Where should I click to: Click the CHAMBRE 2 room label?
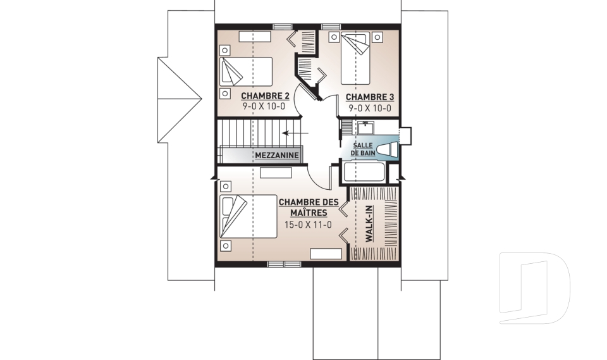[x=265, y=96]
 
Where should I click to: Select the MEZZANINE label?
[x=277, y=156]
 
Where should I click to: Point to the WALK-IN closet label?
[x=369, y=223]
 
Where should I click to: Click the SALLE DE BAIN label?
[x=363, y=149]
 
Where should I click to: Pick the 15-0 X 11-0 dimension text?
[x=308, y=225]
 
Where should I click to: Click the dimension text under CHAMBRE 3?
[x=370, y=108]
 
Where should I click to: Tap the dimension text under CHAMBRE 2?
[x=264, y=106]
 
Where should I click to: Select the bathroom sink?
[x=365, y=128]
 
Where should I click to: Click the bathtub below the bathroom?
[x=364, y=172]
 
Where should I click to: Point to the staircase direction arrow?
[x=295, y=133]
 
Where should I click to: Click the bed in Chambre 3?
[x=355, y=59]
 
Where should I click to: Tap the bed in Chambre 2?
[x=246, y=71]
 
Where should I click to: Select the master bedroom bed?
[x=248, y=216]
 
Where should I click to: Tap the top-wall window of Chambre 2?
[x=283, y=27]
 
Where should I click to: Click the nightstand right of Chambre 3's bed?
[x=378, y=37]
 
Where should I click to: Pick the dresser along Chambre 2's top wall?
[x=255, y=37]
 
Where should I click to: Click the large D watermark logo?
[x=535, y=288]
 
